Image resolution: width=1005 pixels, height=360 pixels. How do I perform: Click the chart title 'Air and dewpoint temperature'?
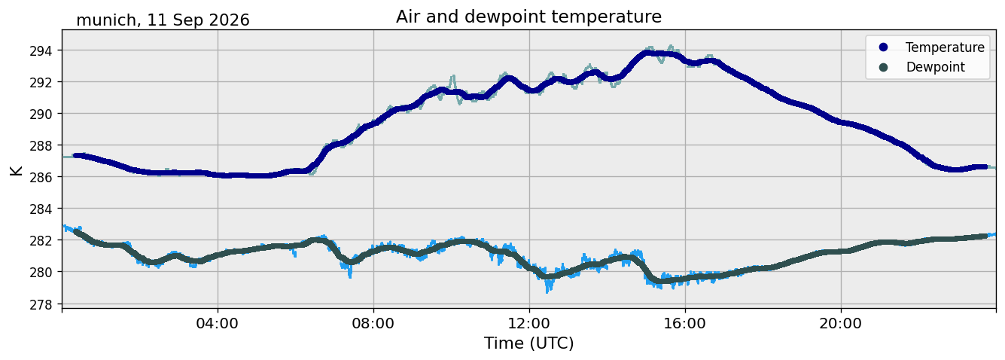point(528,17)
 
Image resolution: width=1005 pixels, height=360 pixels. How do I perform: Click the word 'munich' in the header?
point(106,20)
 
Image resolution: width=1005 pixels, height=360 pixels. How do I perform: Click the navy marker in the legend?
point(883,47)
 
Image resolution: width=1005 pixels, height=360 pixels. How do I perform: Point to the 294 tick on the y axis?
point(41,51)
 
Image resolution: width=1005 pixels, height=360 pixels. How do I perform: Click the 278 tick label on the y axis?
point(41,304)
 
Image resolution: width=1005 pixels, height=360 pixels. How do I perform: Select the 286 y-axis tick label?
point(41,178)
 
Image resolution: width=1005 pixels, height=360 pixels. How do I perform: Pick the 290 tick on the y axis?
point(41,114)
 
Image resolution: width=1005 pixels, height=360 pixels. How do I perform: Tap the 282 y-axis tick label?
point(41,241)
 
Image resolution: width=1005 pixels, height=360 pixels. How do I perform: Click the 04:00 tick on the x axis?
point(218,323)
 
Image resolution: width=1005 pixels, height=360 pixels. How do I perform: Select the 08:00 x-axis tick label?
point(373,323)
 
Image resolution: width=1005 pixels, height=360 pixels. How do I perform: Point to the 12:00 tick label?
point(529,323)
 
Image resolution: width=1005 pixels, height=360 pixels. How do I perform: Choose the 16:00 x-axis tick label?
point(685,323)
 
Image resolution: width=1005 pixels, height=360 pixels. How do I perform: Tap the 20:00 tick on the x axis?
point(841,323)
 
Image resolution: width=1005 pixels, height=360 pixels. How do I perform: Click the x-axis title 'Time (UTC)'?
point(528,344)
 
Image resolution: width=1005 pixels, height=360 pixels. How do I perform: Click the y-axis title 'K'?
point(16,170)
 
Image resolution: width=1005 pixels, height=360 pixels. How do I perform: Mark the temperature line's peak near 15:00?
point(647,53)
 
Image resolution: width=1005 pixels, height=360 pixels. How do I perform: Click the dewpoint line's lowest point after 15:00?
point(659,281)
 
